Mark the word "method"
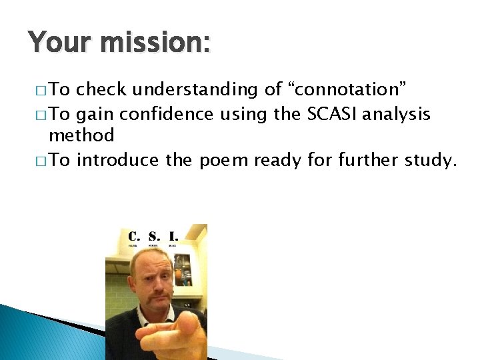81,136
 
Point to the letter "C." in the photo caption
134,235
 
